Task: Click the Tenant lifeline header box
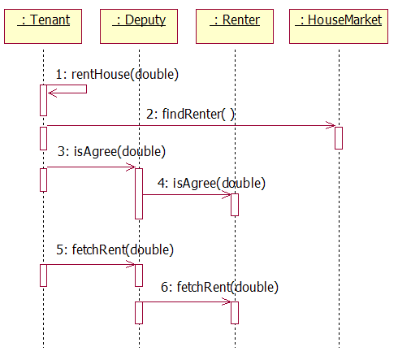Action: pos(43,26)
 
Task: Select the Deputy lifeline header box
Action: pos(139,26)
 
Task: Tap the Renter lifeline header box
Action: pos(235,26)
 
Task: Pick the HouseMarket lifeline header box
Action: pos(339,26)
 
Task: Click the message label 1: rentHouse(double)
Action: pos(117,74)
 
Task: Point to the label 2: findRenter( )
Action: pos(190,114)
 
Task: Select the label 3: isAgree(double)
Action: pos(111,151)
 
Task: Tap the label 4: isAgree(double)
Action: pos(211,183)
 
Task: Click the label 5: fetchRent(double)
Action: pos(115,249)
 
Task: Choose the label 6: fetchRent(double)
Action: pos(219,287)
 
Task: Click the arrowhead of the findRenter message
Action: pos(332,125)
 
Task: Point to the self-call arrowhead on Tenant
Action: pos(51,93)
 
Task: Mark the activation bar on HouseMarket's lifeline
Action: pos(339,138)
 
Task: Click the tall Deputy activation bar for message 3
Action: pos(139,193)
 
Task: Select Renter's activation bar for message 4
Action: pos(235,205)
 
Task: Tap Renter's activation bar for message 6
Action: pos(235,313)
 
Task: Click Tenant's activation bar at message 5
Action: pos(43,275)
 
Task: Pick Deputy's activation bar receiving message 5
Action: pos(139,275)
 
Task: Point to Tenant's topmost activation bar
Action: pos(43,100)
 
